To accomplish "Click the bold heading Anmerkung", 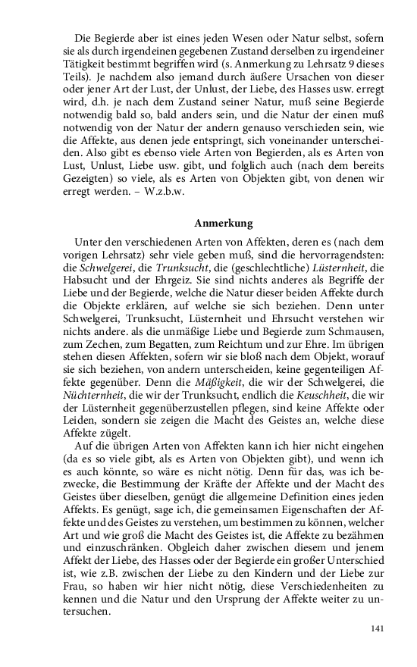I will tap(223, 224).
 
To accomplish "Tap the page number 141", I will tap(379, 628).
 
